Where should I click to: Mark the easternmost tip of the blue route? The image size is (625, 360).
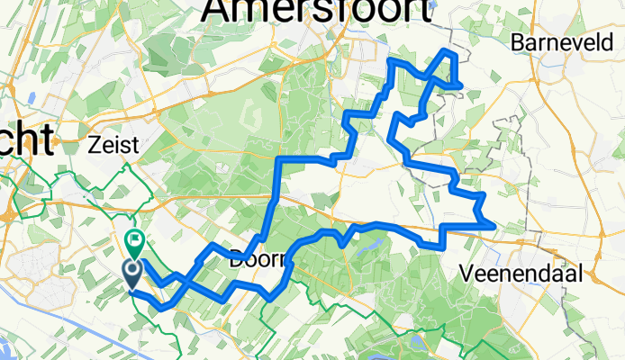(494, 225)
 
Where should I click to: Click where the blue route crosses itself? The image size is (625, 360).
(179, 283)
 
